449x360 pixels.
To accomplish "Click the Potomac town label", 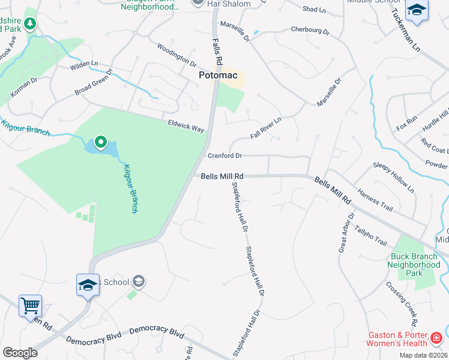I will [x=218, y=76].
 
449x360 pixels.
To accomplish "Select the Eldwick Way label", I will [x=186, y=126].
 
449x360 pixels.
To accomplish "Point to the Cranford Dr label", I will [x=224, y=156].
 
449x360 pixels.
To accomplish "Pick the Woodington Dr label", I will [x=176, y=55].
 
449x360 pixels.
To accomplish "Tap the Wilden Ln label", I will [x=83, y=63].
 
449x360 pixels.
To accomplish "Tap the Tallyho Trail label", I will [x=370, y=235].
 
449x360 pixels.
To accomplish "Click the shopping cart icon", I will [x=30, y=305].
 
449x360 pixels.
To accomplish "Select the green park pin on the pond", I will [x=101, y=143].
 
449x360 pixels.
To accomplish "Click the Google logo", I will [x=20, y=353].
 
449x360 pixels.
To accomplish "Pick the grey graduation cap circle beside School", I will [x=139, y=281].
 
